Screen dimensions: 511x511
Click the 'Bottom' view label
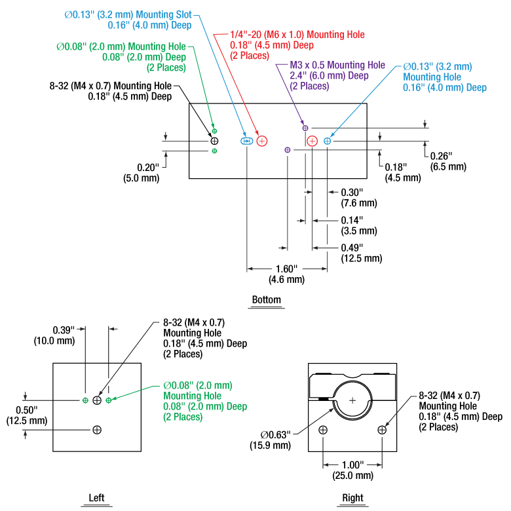pos(266,300)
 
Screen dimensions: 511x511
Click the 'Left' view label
pos(96,498)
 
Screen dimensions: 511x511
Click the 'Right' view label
pos(352,498)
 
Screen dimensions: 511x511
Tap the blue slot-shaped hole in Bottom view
pos(247,141)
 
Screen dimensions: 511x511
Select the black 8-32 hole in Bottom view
pos(214,141)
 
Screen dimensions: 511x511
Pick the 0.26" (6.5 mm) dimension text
pos(447,161)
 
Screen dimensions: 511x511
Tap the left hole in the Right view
pos(323,430)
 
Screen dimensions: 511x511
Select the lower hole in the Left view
pos(98,430)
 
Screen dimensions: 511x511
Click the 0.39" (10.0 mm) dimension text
pos(64,335)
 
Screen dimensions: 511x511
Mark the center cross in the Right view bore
pos(352,400)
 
